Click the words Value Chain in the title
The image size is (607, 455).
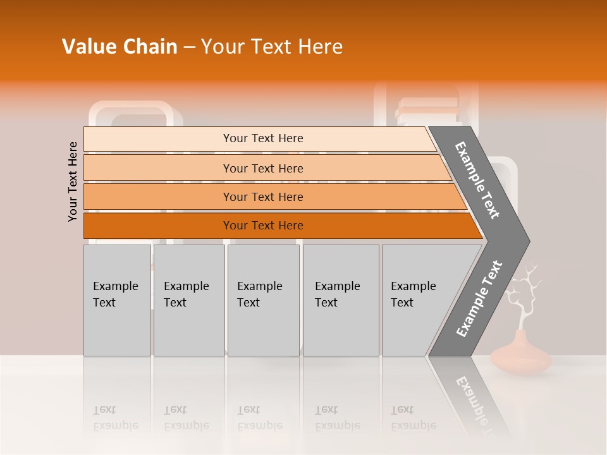click(x=120, y=47)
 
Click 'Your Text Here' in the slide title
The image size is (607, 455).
click(x=272, y=47)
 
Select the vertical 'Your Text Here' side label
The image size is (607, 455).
click(x=73, y=182)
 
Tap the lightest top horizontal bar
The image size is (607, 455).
click(x=262, y=138)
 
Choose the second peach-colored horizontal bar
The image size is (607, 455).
click(x=262, y=168)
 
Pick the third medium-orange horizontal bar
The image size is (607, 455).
click(x=262, y=197)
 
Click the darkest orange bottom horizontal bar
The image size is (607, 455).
click(x=262, y=226)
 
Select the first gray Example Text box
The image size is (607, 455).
click(x=117, y=300)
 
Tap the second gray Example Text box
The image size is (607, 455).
click(x=188, y=300)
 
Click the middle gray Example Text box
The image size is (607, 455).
click(x=263, y=300)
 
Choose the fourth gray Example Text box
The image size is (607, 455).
click(x=341, y=300)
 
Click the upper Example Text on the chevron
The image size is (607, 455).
click(x=477, y=180)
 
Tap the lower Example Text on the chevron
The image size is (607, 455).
click(x=479, y=299)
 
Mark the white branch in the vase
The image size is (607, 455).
click(x=524, y=294)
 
